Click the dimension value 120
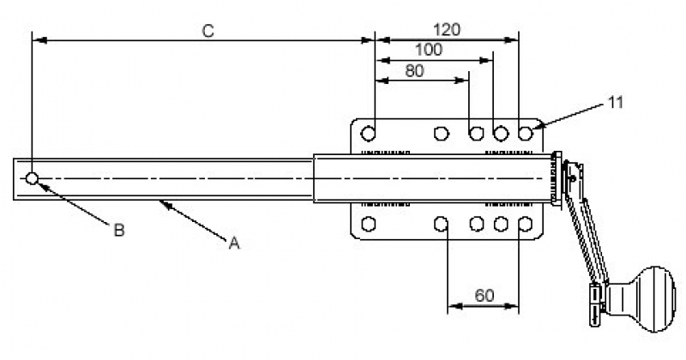(447, 29)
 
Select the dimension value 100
(428, 50)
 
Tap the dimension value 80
(414, 71)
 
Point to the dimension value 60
(484, 296)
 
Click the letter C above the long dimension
(208, 30)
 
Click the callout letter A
(232, 243)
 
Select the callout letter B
(120, 229)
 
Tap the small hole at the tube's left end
(32, 178)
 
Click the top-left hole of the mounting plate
(369, 134)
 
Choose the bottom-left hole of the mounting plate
(369, 225)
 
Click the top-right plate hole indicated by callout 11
(525, 134)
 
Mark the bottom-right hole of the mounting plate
(525, 225)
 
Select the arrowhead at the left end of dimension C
(35, 39)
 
